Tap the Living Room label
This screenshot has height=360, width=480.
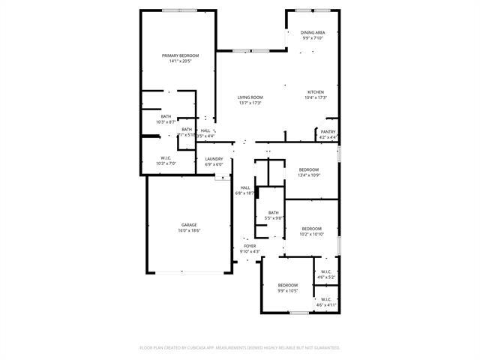pos(250,97)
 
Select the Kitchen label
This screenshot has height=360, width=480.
pos(315,92)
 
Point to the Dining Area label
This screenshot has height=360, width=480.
pos(313,32)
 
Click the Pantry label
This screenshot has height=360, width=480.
pos(328,132)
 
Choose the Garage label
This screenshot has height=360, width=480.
pos(188,225)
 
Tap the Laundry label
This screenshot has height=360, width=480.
pos(214,159)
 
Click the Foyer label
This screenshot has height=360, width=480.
pos(250,246)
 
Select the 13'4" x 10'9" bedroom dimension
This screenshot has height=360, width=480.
pos(309,175)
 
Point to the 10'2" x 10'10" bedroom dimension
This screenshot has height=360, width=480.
pos(311,234)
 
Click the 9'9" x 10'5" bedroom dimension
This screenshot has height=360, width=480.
pos(288,291)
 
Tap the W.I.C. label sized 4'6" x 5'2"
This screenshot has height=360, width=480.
pos(326,271)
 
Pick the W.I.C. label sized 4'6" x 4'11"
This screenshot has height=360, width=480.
pos(326,301)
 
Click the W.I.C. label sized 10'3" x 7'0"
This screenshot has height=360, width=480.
pos(166,157)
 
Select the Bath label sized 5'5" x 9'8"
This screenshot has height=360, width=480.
pos(274,212)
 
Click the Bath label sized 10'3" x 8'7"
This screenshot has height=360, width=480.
pos(166,116)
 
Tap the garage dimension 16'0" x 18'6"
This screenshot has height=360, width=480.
pos(188,231)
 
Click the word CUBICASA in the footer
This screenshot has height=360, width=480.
pos(214,348)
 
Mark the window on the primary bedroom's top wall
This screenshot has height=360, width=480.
pos(180,10)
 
